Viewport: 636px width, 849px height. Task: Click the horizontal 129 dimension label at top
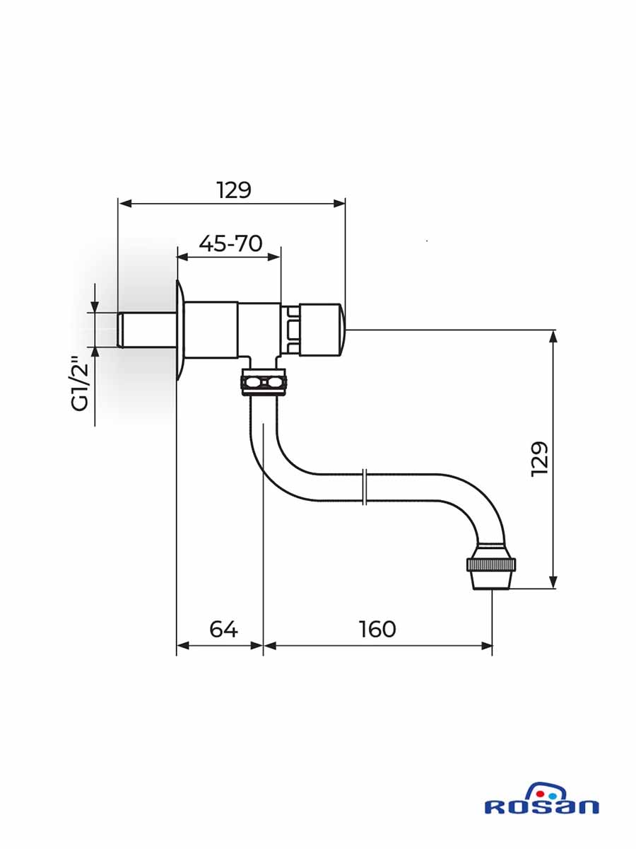pos(233,190)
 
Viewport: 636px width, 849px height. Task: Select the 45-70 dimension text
pos(230,243)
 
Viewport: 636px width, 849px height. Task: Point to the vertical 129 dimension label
pos(539,458)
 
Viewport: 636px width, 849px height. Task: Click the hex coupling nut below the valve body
pos(264,383)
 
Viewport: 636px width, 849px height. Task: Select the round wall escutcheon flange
pos(181,330)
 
